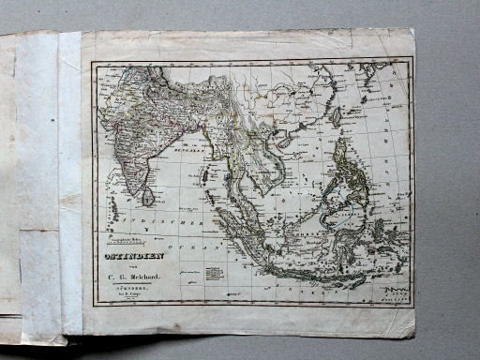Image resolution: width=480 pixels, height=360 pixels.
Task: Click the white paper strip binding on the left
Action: point(40,178)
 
